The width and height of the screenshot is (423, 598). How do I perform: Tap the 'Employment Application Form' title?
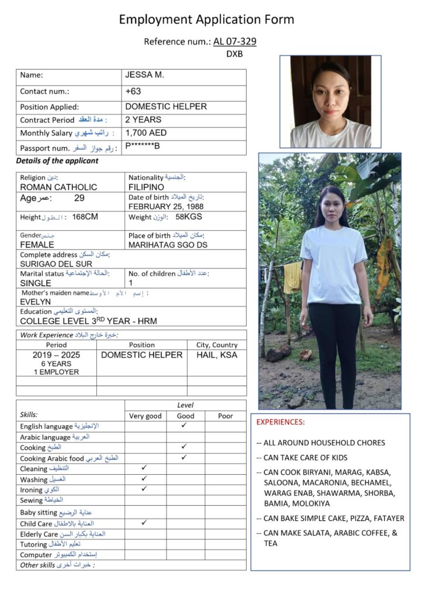coord(206,19)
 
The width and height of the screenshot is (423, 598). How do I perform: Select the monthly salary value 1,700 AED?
coord(146,133)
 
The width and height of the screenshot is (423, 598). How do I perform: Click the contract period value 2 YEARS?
coord(143,120)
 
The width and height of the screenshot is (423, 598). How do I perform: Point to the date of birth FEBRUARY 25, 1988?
coord(166,206)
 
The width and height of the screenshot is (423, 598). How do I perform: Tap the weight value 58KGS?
coord(189,217)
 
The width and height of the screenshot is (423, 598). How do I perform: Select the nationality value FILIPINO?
coord(146,187)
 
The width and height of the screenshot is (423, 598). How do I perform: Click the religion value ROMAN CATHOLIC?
coord(58,187)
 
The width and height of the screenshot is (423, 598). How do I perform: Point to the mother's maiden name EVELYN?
coord(36,302)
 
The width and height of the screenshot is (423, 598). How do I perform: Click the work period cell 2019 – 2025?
coord(56,354)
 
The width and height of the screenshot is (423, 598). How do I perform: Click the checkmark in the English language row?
coord(184,426)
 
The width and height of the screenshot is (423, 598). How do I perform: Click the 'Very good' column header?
coord(145,416)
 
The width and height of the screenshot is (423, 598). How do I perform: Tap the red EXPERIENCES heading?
coord(280,422)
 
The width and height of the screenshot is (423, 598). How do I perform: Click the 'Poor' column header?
coord(225,416)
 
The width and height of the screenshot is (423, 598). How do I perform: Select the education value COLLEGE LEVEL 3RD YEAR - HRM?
coord(88,321)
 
